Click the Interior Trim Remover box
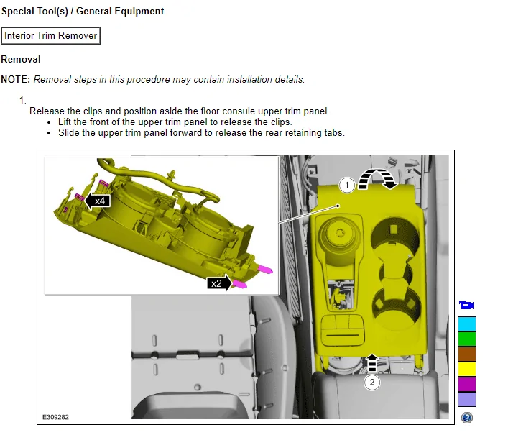click(51, 36)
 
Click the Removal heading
click(21, 59)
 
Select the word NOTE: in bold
click(16, 79)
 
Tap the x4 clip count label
click(97, 201)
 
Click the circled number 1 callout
click(346, 185)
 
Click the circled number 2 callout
click(372, 383)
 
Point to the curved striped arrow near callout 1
click(378, 173)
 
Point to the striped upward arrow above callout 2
click(372, 362)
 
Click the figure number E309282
click(55, 417)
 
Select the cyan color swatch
click(467, 324)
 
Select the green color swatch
click(467, 339)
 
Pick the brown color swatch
click(467, 354)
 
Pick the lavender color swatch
click(467, 399)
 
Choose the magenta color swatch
click(467, 384)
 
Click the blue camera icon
click(466, 305)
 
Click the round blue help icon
click(467, 418)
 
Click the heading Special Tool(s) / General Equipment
click(83, 12)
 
